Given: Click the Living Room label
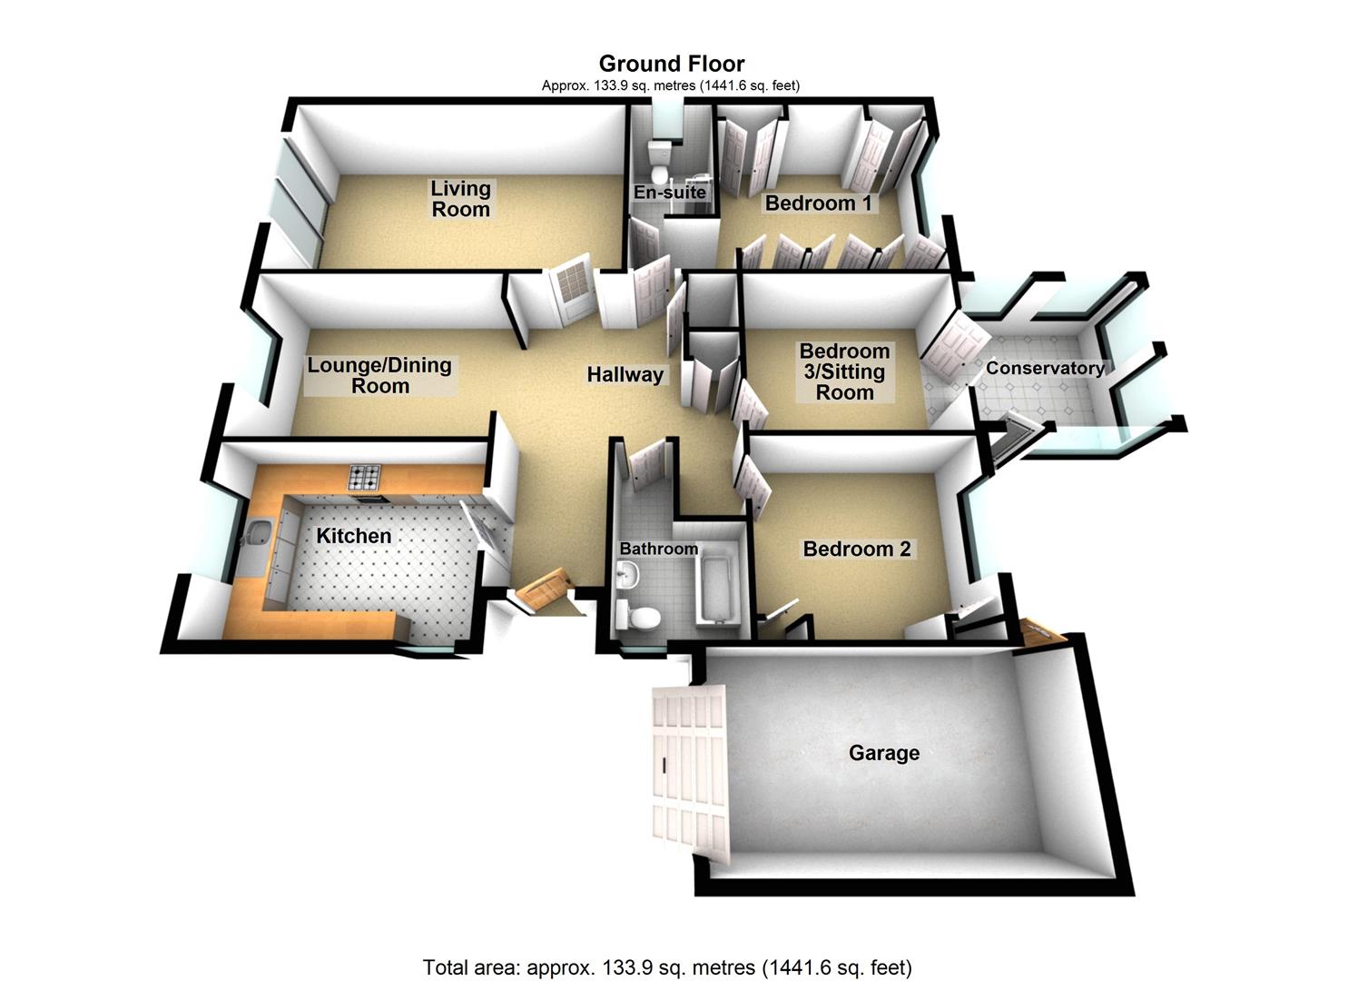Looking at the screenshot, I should click(460, 199).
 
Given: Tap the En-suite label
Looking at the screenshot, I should click(669, 193).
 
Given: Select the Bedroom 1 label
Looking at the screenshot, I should click(818, 203).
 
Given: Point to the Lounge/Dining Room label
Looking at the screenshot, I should click(379, 375).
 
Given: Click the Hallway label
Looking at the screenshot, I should click(625, 374).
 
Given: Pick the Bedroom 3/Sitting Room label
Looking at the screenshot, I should click(844, 372).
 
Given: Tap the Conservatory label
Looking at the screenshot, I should click(1045, 368).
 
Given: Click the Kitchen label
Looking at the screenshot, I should click(353, 536).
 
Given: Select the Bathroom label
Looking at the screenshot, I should click(659, 549).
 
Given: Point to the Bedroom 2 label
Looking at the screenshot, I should click(856, 549).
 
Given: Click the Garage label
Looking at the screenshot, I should click(883, 753).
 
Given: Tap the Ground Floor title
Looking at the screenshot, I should click(672, 64).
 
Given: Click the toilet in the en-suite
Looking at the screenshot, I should click(659, 162).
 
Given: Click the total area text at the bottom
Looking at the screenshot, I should click(667, 966).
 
